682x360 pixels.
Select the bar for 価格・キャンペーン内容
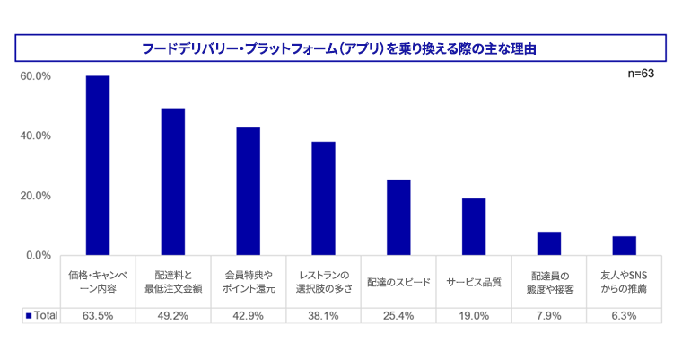point(98,165)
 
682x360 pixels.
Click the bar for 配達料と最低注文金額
point(173,181)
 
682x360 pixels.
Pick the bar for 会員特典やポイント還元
point(249,191)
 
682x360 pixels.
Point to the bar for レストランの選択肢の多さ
point(323,198)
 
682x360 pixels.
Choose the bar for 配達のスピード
point(398,217)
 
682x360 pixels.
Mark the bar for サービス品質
point(474,226)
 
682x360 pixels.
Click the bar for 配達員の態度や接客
point(549,243)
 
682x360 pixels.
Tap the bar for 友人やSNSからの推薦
point(624,246)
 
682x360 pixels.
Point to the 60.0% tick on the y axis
point(35,76)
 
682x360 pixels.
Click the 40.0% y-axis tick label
point(35,136)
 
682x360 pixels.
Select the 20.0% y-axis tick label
point(35,196)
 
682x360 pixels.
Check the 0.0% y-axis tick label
point(38,255)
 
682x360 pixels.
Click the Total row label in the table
point(41,315)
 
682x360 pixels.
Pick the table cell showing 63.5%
point(98,315)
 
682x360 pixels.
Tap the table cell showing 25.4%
point(398,315)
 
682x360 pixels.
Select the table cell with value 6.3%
point(624,315)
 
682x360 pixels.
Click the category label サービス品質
point(474,282)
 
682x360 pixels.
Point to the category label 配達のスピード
point(398,282)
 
